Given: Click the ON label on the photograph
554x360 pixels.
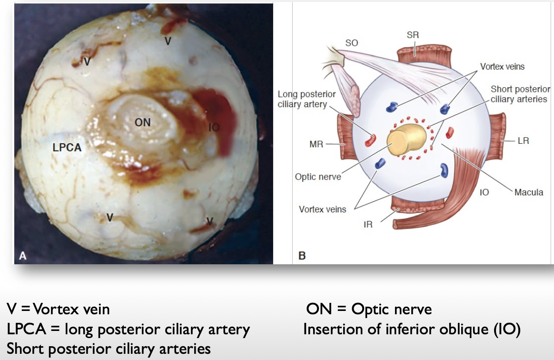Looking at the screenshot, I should click(142, 122).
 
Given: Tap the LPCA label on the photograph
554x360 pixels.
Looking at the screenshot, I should click(67, 148).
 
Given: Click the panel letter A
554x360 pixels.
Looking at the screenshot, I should click(22, 256).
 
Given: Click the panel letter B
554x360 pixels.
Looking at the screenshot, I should click(302, 256).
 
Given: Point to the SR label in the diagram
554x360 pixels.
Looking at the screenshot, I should click(413, 35).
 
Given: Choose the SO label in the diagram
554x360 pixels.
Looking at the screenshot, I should click(351, 43).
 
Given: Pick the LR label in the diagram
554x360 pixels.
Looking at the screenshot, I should click(523, 140).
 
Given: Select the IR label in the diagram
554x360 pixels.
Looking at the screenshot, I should click(368, 224).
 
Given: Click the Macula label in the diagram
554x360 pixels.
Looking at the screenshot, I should click(528, 192).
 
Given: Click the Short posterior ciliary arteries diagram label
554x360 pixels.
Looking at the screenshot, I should click(520, 94).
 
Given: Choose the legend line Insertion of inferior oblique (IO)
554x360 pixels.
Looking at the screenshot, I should click(411, 329).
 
